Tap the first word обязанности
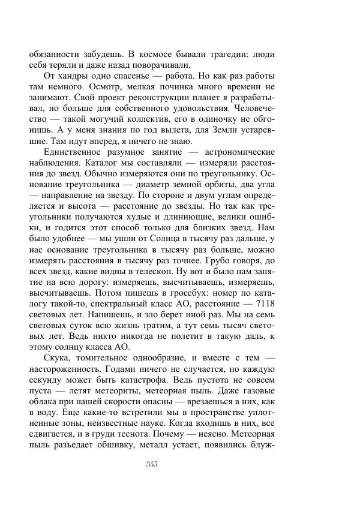pyautogui.click(x=54, y=53)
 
